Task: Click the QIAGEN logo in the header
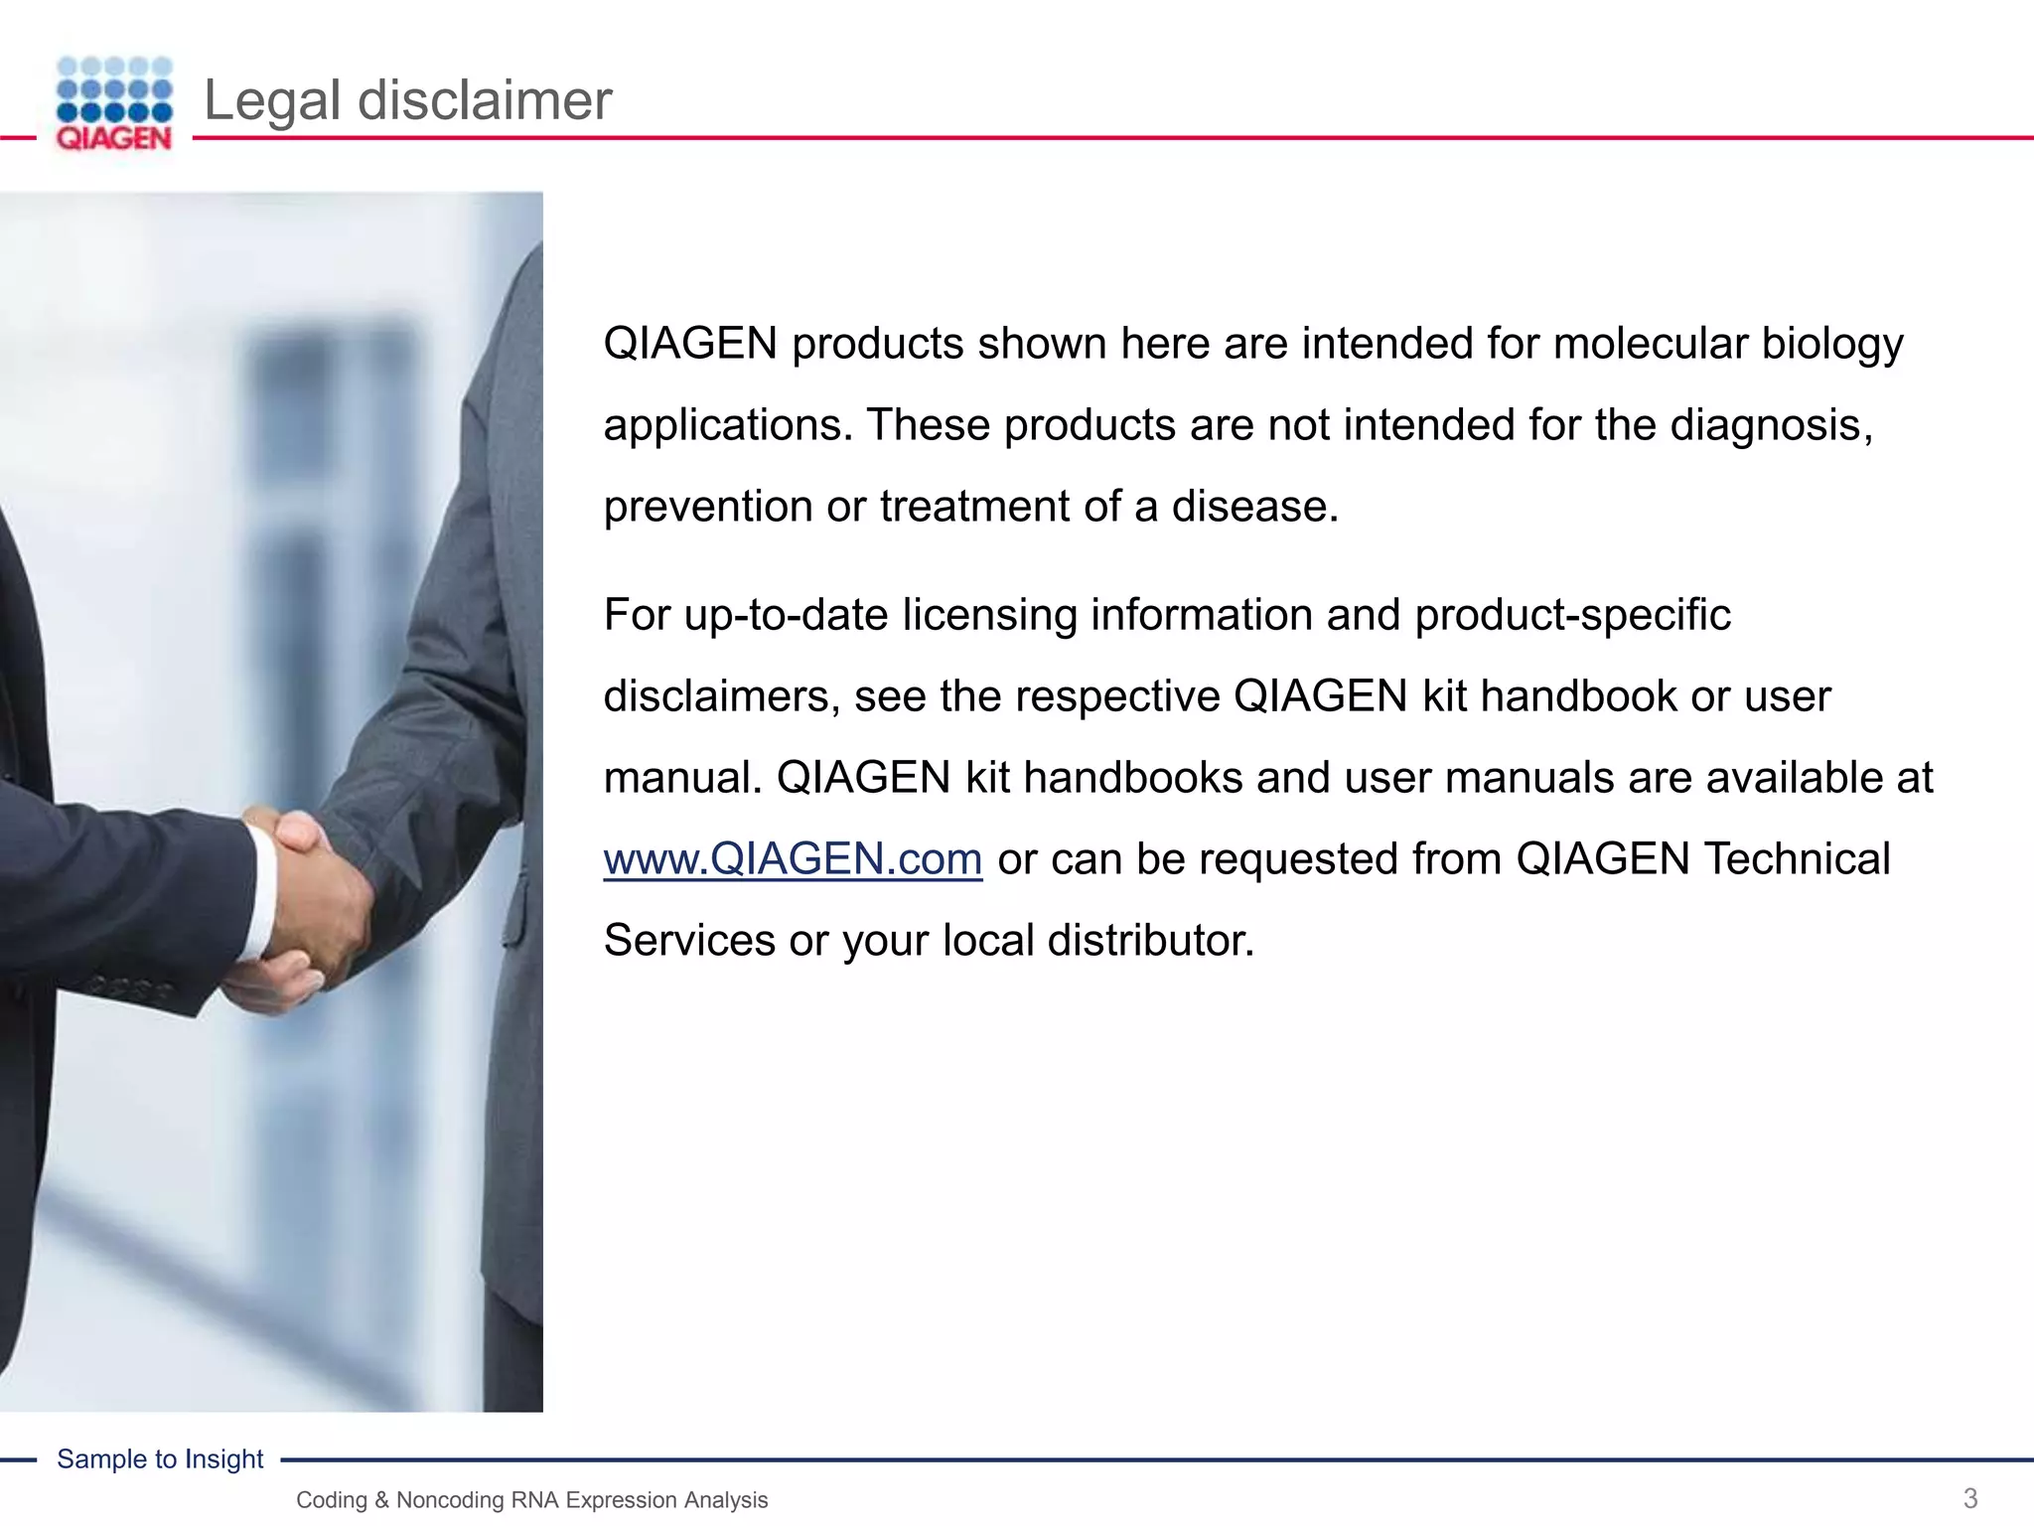[x=114, y=103]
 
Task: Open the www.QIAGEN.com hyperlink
[x=793, y=858]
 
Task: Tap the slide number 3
[x=1970, y=1498]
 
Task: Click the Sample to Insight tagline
[x=160, y=1458]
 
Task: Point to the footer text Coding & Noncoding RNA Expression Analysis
[x=531, y=1500]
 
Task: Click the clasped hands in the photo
[x=308, y=894]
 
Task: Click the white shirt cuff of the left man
[x=260, y=894]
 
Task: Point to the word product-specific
[x=1572, y=615]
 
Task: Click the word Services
[x=688, y=940]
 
